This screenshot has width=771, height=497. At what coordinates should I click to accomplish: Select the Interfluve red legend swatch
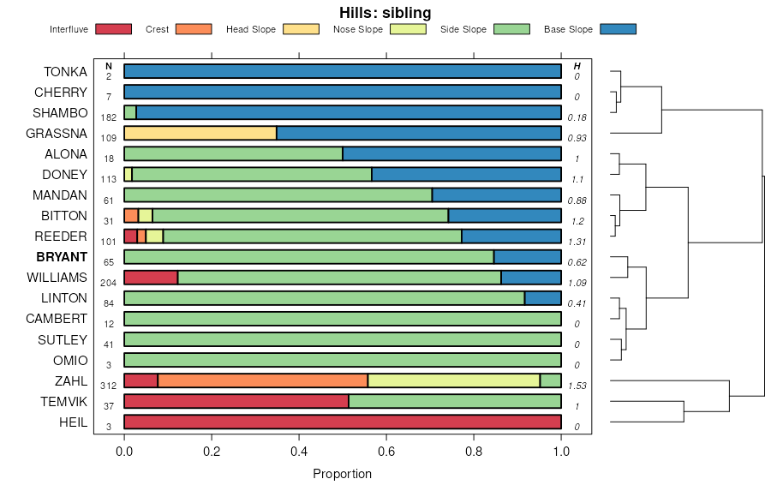coord(113,29)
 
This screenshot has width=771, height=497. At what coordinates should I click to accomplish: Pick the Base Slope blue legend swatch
coord(618,29)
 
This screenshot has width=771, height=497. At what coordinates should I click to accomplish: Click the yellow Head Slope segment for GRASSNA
coord(200,133)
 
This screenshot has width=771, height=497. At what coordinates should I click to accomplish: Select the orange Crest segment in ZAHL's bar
coord(263,380)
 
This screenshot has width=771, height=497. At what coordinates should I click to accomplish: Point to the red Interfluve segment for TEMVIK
coord(236,401)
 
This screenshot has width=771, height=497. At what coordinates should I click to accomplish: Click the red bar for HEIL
coord(343,422)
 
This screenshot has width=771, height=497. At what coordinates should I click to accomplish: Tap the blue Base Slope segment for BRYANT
coord(528,257)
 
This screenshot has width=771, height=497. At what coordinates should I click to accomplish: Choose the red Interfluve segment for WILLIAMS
coord(151,278)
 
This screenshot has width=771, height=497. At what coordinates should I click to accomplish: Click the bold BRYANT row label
coord(62,257)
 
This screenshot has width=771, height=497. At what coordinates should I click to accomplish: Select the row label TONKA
coord(65,71)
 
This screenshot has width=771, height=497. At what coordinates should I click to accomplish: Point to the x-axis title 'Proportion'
coord(342,474)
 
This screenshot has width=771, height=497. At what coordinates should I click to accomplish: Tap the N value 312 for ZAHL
coord(109,386)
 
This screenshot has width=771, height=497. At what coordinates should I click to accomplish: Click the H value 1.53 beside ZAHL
coord(577,386)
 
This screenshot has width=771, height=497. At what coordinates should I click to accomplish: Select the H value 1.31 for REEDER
coord(577,242)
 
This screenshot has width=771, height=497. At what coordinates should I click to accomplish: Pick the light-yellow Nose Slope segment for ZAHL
coord(454,380)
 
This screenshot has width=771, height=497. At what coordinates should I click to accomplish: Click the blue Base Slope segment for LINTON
coord(543,298)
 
